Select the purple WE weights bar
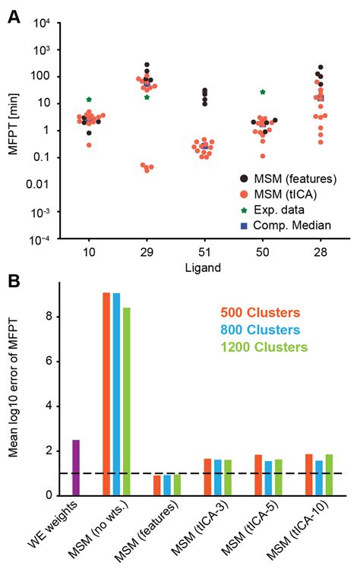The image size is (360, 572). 76,467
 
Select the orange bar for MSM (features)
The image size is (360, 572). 157,485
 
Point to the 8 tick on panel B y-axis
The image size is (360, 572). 50,316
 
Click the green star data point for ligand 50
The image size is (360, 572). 263,92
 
